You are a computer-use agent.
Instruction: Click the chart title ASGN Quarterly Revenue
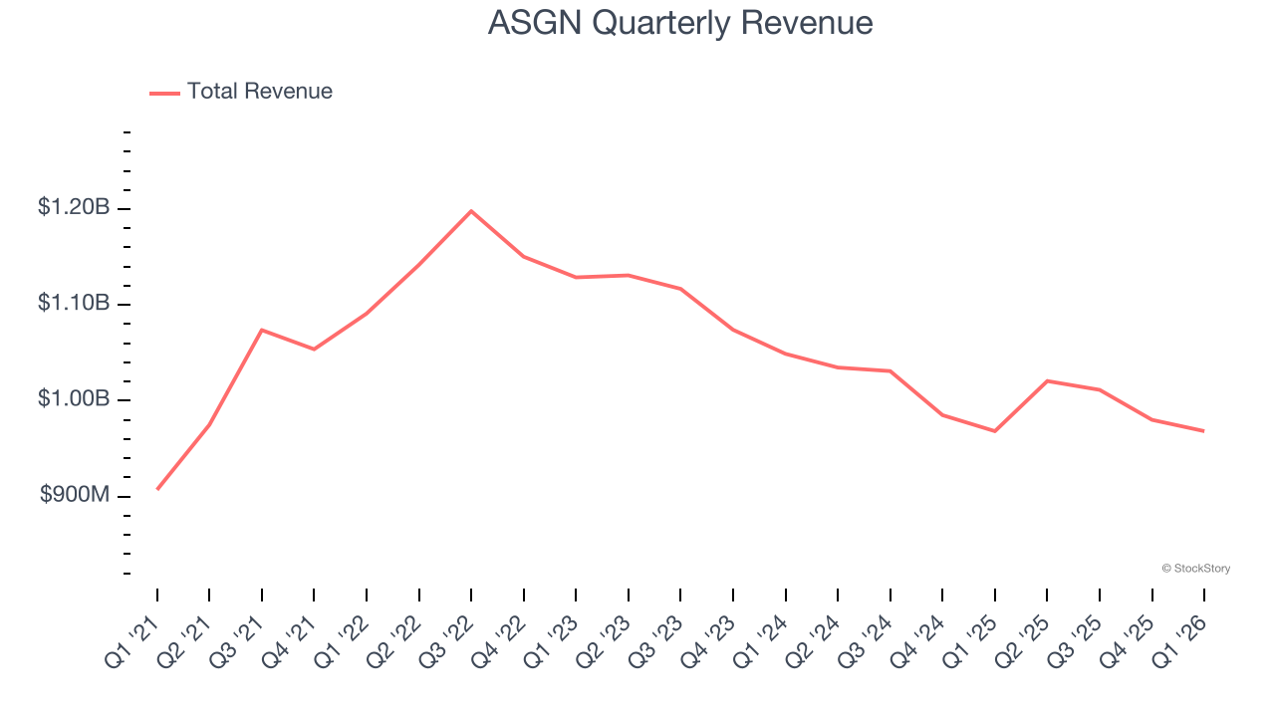coord(680,22)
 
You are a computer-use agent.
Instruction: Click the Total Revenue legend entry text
coord(259,92)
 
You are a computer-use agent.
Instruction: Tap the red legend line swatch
coord(164,93)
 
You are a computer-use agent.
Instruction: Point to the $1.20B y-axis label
coord(74,207)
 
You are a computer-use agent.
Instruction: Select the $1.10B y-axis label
coord(74,303)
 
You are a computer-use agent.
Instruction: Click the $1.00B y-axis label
coord(74,399)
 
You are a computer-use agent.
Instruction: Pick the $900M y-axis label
coord(74,495)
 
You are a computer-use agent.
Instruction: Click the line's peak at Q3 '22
coord(471,211)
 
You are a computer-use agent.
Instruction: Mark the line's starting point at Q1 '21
coord(157,489)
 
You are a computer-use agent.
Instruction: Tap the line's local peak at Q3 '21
coord(261,330)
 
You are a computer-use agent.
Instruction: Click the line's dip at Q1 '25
coord(995,431)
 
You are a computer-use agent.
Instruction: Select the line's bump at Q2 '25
coord(1047,380)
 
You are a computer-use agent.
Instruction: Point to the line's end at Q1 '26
coord(1204,431)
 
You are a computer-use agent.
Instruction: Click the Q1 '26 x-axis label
coord(1181,640)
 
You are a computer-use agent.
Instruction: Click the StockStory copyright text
coord(1195,569)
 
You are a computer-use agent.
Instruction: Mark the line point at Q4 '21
coord(314,349)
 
